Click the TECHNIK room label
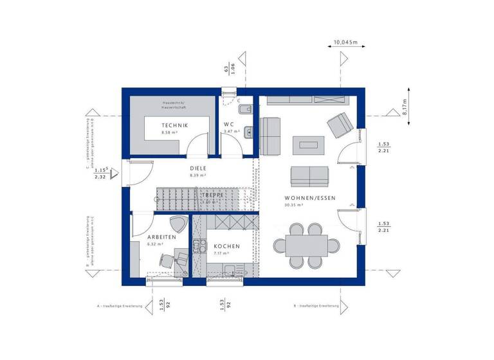(x=174, y=125)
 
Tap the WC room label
(x=228, y=124)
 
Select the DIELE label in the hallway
(x=197, y=168)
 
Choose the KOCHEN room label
(x=227, y=246)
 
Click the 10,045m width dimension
(x=345, y=43)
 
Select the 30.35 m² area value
(x=293, y=205)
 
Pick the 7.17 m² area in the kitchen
(x=222, y=253)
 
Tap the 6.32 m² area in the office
(x=155, y=244)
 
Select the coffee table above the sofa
(x=309, y=145)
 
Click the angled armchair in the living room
(x=338, y=125)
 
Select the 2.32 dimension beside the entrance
(x=100, y=176)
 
